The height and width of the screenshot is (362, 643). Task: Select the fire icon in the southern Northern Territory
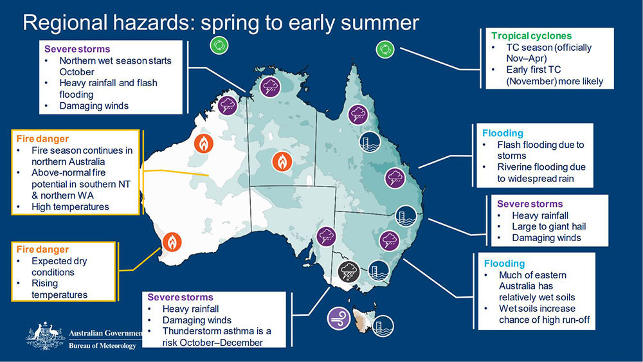282,162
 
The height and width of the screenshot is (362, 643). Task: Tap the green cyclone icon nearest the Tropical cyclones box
385,49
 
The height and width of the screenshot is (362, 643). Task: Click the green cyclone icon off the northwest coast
219,45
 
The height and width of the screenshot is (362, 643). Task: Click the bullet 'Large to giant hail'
548,226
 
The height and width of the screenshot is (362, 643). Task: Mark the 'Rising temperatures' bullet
59,289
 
